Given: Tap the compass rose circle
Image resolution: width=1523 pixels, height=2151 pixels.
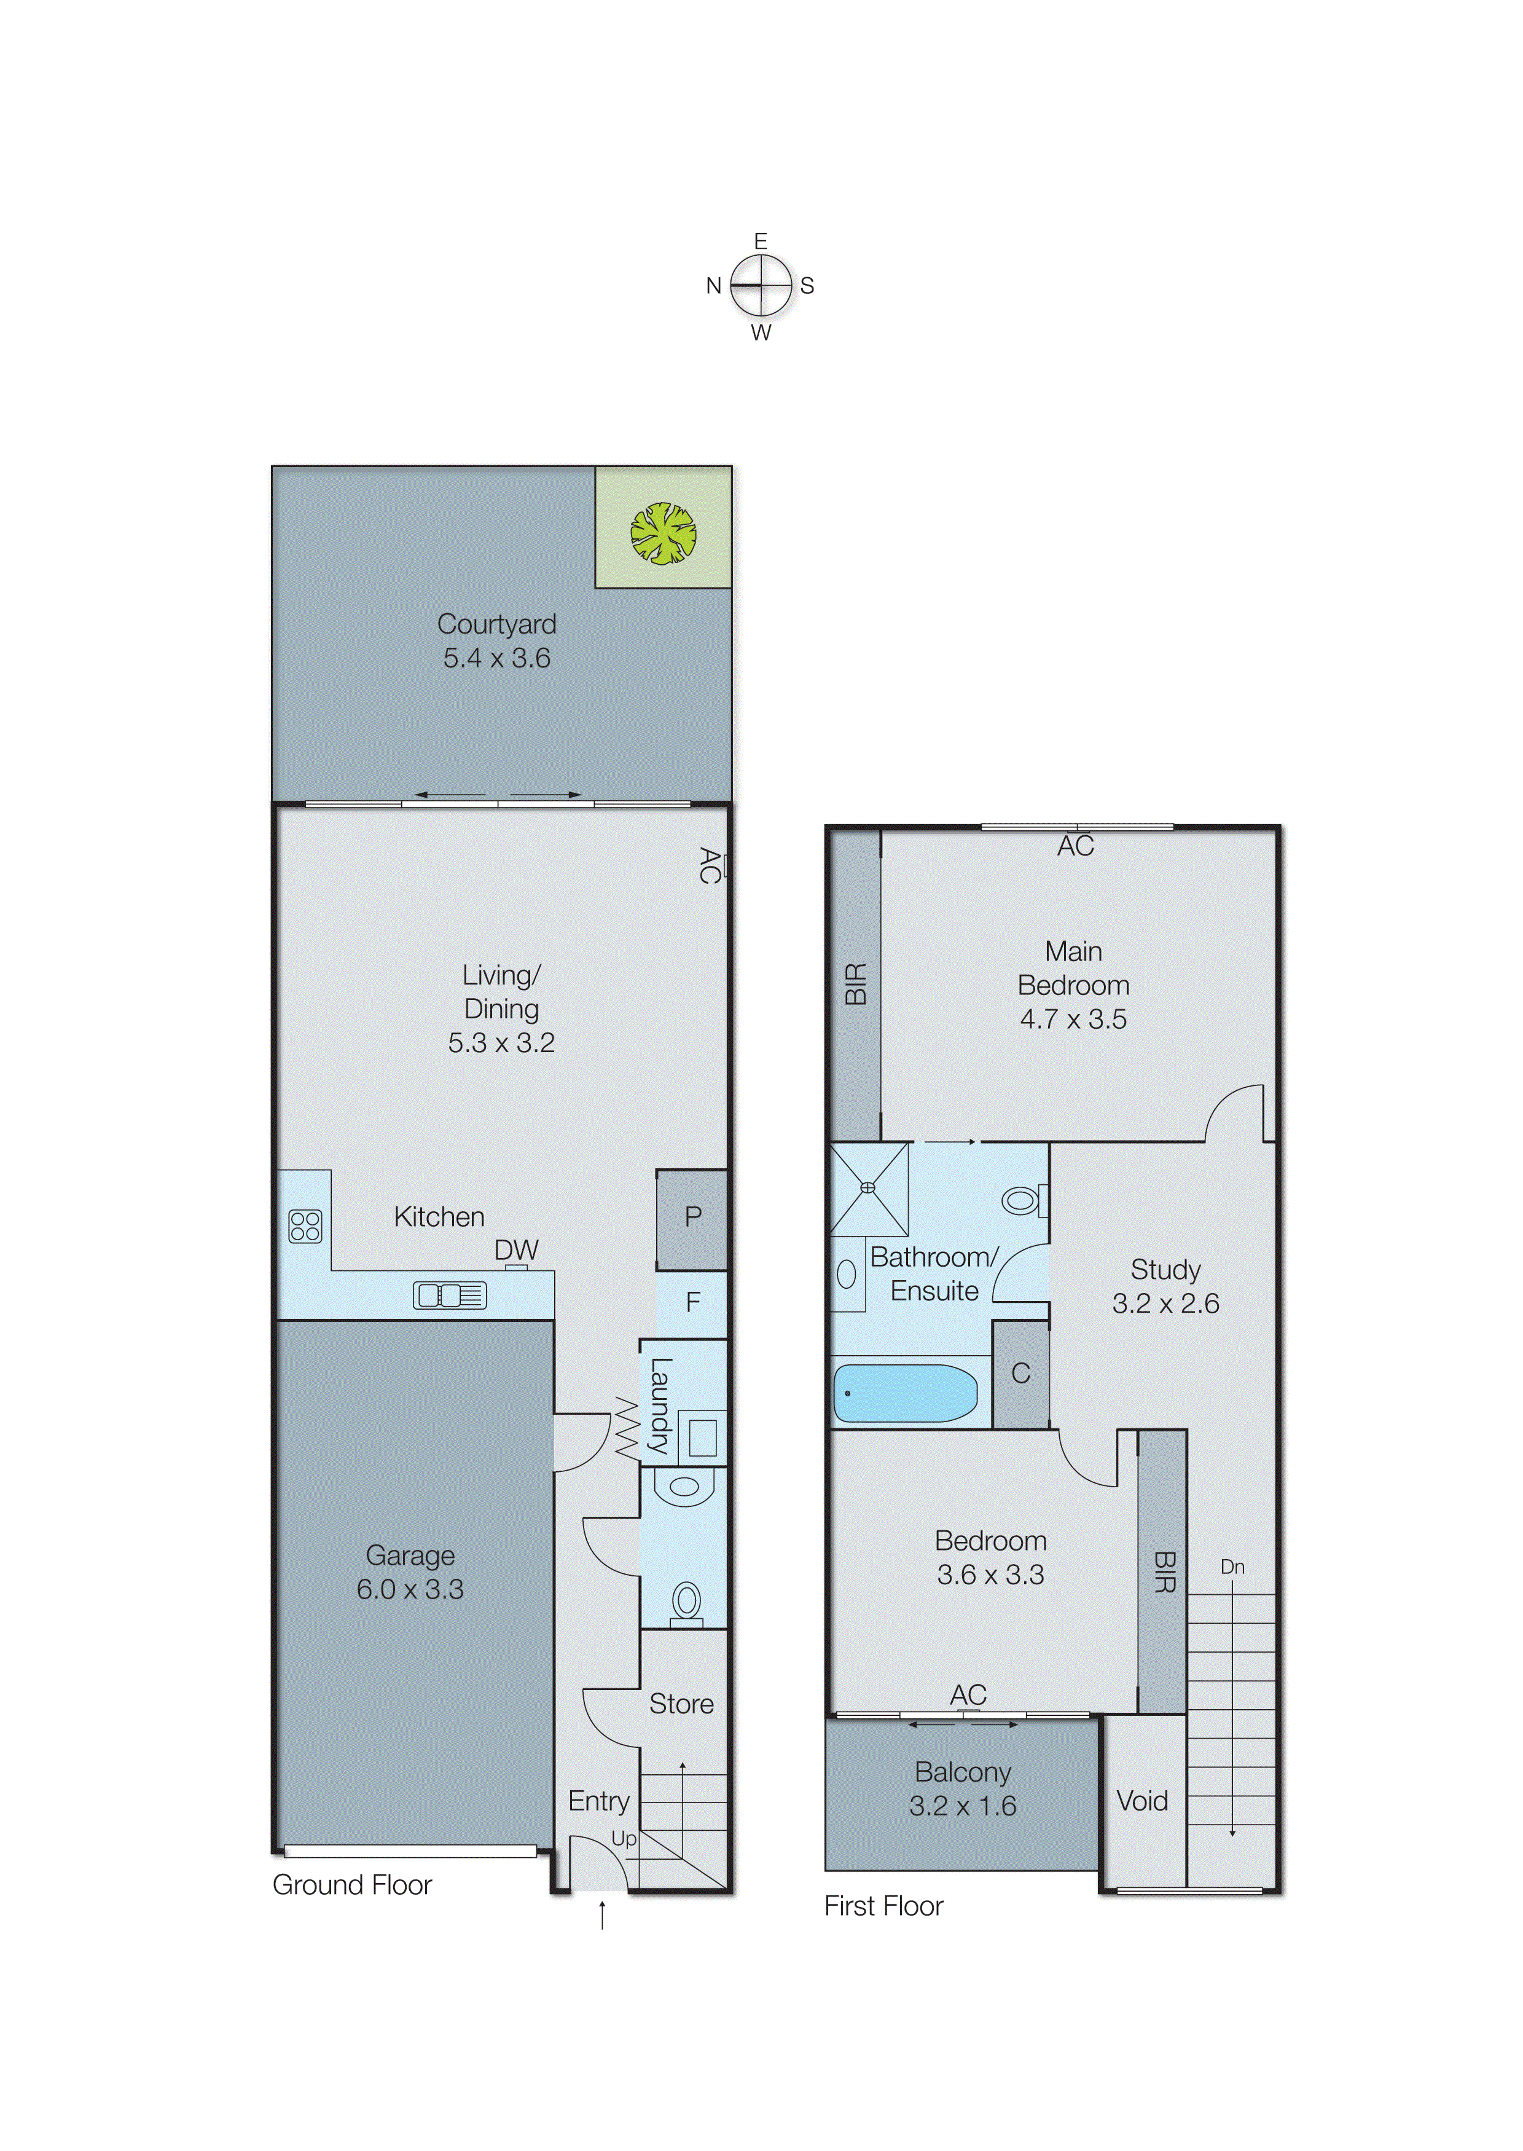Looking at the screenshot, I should pos(761,285).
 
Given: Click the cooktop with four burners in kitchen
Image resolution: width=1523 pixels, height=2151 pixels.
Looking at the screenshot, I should pos(305,1226).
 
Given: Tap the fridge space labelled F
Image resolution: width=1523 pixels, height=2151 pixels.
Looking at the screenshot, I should pos(692,1302).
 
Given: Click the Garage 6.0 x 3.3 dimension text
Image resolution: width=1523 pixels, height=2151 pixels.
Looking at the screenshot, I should pos(410,1589).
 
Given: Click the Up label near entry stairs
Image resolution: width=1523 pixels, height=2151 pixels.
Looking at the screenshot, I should pos(624,1839).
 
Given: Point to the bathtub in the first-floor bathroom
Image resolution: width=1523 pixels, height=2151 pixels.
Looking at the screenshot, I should pos(905,1393).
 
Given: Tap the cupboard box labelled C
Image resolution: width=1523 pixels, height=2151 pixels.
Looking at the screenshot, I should pos(1020,1374).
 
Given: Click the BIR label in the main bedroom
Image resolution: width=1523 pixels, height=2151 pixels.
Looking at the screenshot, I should pos(855,983).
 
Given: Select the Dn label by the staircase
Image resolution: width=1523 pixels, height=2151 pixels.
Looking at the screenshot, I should pos(1232,1567).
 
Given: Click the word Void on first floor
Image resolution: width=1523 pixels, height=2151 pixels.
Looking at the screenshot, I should pos(1141,1800).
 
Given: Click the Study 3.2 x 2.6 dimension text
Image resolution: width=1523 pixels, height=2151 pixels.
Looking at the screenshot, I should pos(1165,1303).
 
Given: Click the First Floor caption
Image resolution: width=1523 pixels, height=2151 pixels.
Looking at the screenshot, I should pos(883,1906).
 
